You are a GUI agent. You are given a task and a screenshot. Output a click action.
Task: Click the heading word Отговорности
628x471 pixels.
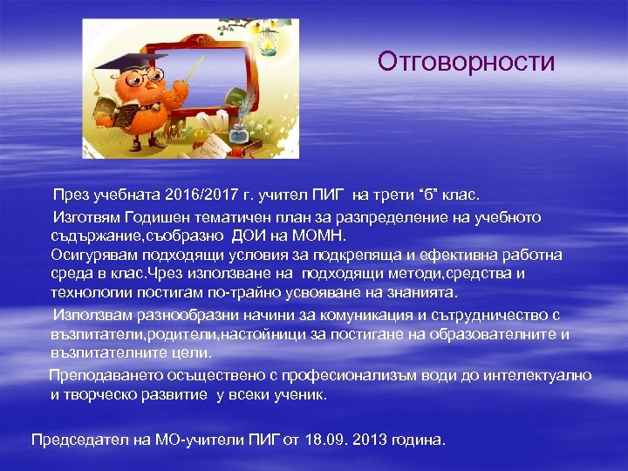tap(466, 62)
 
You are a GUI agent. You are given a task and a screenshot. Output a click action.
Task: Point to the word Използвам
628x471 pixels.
tap(90, 314)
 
